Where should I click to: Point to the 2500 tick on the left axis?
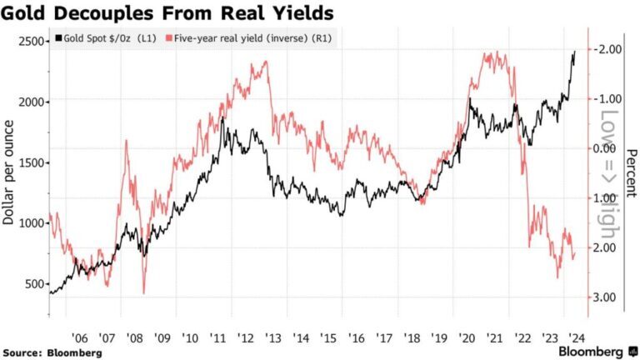32,42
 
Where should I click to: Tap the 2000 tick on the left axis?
32,102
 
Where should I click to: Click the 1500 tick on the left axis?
32,163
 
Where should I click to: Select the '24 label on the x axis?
575,337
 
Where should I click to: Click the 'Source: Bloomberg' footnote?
52,352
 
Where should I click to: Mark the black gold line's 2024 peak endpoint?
574,52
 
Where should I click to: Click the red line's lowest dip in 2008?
144,292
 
